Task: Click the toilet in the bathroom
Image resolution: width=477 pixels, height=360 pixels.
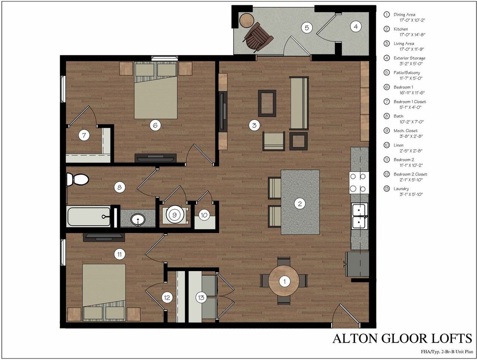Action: pyautogui.click(x=78, y=179)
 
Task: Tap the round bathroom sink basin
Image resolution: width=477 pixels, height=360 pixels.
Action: pyautogui.click(x=138, y=220)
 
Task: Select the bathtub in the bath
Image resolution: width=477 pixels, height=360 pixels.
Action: pyautogui.click(x=89, y=216)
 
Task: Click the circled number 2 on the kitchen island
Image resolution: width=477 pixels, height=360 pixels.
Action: pyautogui.click(x=299, y=204)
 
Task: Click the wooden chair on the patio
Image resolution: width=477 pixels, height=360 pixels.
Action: pyautogui.click(x=258, y=36)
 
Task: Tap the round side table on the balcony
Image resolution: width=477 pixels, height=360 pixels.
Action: pyautogui.click(x=247, y=20)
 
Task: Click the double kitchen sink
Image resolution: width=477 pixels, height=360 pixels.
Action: pyautogui.click(x=360, y=216)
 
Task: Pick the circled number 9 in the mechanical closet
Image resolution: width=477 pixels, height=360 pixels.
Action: pyautogui.click(x=174, y=215)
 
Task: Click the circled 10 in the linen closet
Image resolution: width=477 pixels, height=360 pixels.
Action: pyautogui.click(x=204, y=215)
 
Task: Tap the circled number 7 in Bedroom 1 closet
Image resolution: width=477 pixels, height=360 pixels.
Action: pyautogui.click(x=84, y=135)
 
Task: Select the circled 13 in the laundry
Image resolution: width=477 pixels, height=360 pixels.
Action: pyautogui.click(x=201, y=297)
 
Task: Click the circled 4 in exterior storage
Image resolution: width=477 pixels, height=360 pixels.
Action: pyautogui.click(x=356, y=27)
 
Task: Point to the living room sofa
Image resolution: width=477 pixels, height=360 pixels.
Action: pyautogui.click(x=299, y=103)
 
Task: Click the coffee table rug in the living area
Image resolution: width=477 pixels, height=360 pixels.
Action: pyautogui.click(x=267, y=103)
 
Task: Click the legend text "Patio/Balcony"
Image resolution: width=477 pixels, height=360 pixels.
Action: pyautogui.click(x=407, y=72)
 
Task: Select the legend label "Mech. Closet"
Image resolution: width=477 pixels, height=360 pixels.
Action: pyautogui.click(x=405, y=130)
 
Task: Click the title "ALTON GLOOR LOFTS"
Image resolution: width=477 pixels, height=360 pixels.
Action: pyautogui.click(x=402, y=338)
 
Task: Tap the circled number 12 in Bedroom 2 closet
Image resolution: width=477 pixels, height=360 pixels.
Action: pyautogui.click(x=167, y=297)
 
